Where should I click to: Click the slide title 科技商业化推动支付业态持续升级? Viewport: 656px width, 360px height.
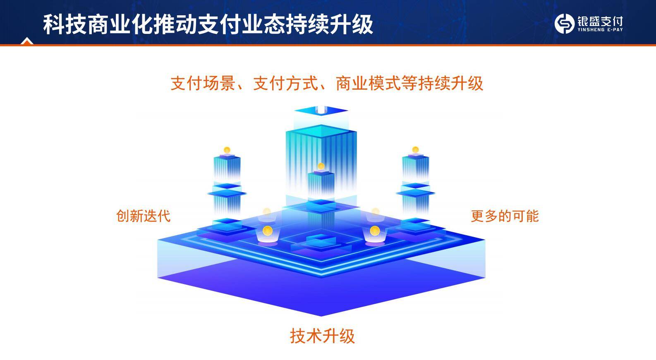tap(208, 24)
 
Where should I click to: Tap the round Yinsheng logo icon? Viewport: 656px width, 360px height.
tap(564, 24)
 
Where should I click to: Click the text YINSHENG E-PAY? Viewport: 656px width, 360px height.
tap(600, 30)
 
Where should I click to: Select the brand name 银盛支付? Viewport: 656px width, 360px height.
tap(600, 21)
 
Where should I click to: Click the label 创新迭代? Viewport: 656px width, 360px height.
tap(143, 216)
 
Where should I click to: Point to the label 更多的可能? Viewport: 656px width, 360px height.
tap(505, 216)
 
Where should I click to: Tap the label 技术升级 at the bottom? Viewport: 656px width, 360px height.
tap(322, 336)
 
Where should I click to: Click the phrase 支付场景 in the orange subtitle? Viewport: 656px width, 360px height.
tap(203, 83)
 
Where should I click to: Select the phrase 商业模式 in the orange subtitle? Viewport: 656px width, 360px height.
tap(368, 83)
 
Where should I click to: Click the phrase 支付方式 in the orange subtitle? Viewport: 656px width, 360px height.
tap(285, 83)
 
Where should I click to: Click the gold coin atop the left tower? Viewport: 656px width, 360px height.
tap(227, 150)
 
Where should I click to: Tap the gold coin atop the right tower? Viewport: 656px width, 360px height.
tap(415, 150)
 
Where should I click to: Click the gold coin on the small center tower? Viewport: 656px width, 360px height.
tap(321, 166)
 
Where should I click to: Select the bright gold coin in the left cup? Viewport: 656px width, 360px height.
tap(267, 231)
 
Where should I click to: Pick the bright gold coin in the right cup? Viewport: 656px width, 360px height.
tap(375, 231)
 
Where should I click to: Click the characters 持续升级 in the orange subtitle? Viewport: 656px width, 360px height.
tap(451, 83)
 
